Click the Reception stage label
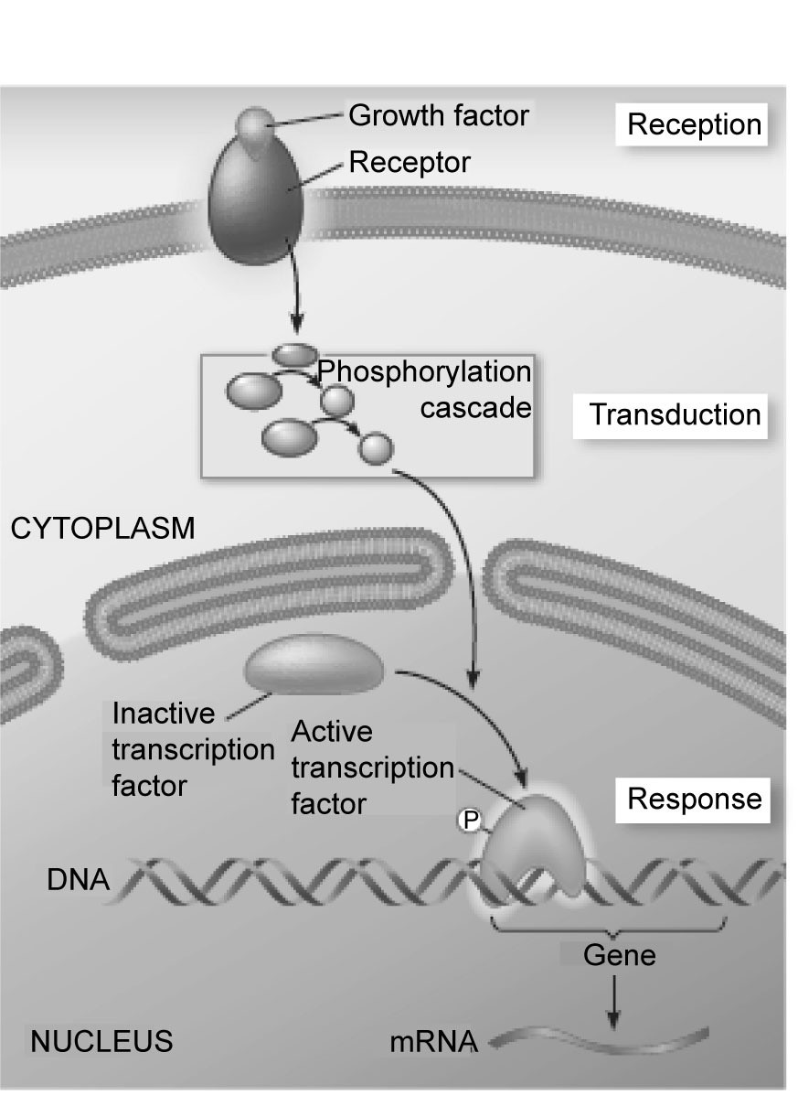[x=695, y=124]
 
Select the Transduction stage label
[x=675, y=414]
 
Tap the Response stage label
[x=694, y=799]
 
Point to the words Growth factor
[x=440, y=116]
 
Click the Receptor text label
[x=410, y=163]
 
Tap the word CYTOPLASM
[x=102, y=529]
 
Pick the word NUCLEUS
[x=101, y=1041]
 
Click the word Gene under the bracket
[x=619, y=956]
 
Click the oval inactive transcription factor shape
[x=314, y=666]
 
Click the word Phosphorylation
[x=424, y=373]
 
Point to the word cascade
[x=475, y=406]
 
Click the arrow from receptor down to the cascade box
[x=295, y=293]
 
